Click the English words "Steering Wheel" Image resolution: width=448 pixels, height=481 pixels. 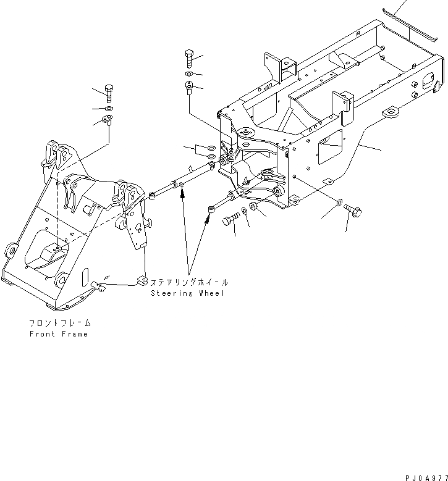pos(188,293)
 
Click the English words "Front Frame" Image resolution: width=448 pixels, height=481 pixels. pos(59,334)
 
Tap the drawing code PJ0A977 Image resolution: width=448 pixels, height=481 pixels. pos(425,477)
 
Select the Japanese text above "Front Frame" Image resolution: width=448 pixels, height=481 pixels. pos(59,323)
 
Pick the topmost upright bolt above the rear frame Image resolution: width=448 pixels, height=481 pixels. pos(190,59)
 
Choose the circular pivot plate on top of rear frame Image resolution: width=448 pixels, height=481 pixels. pos(246,132)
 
